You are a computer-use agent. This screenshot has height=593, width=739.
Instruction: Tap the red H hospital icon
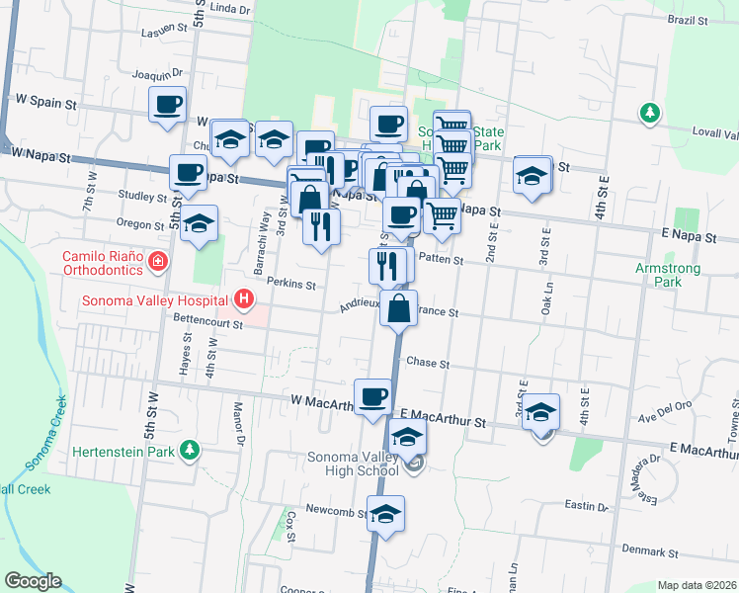[x=243, y=298]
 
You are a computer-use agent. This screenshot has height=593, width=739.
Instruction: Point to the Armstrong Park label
[x=669, y=275]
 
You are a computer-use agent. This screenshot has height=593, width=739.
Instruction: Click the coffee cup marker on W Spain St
[x=168, y=105]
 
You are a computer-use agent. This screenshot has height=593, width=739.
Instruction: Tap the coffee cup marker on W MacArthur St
[x=372, y=397]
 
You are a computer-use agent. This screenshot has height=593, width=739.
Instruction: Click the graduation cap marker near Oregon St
[x=199, y=223]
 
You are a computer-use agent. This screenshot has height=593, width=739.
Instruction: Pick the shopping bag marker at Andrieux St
[x=398, y=308]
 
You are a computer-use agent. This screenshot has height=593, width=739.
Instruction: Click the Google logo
[x=32, y=581]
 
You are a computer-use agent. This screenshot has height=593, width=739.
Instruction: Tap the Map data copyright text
[x=698, y=585]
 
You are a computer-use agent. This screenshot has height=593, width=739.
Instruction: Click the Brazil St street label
[x=688, y=20]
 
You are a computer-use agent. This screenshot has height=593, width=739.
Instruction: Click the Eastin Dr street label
[x=587, y=506]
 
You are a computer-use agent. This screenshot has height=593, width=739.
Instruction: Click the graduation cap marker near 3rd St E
[x=540, y=412]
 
